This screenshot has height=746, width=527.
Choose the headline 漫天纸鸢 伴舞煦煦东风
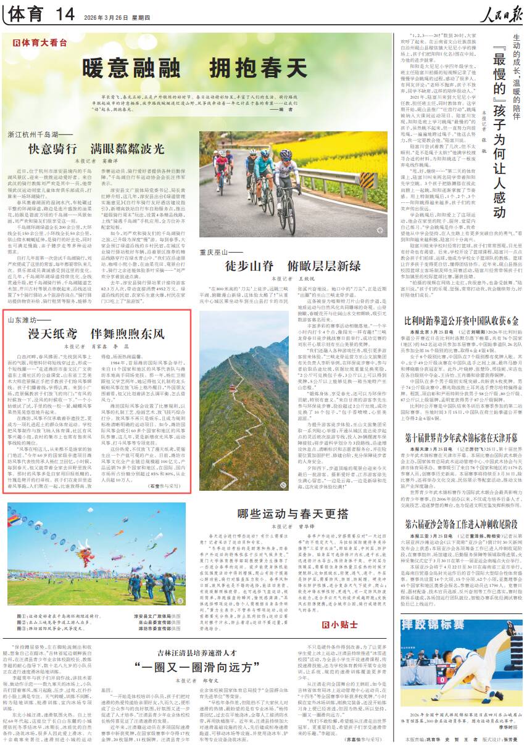click(x=99, y=334)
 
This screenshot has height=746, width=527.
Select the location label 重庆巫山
click(x=217, y=252)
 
